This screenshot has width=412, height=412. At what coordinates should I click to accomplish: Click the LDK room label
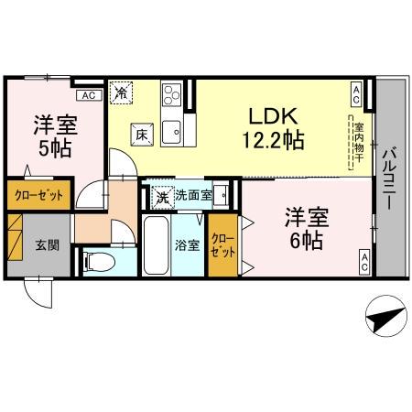272,116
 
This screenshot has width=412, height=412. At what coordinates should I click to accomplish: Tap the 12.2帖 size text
272,141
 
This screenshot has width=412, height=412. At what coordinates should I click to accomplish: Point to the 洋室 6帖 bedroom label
301,230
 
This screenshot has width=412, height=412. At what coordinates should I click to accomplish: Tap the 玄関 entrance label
47,244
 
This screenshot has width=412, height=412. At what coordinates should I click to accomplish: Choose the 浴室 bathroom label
186,244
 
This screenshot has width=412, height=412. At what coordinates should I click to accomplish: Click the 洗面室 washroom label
193,194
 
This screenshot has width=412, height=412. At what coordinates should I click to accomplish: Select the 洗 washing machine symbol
161,195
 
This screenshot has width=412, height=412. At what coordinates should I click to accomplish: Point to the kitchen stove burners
173,95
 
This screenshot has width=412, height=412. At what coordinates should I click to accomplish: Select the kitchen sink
172,134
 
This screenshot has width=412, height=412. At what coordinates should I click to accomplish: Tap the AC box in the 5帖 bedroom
89,94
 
